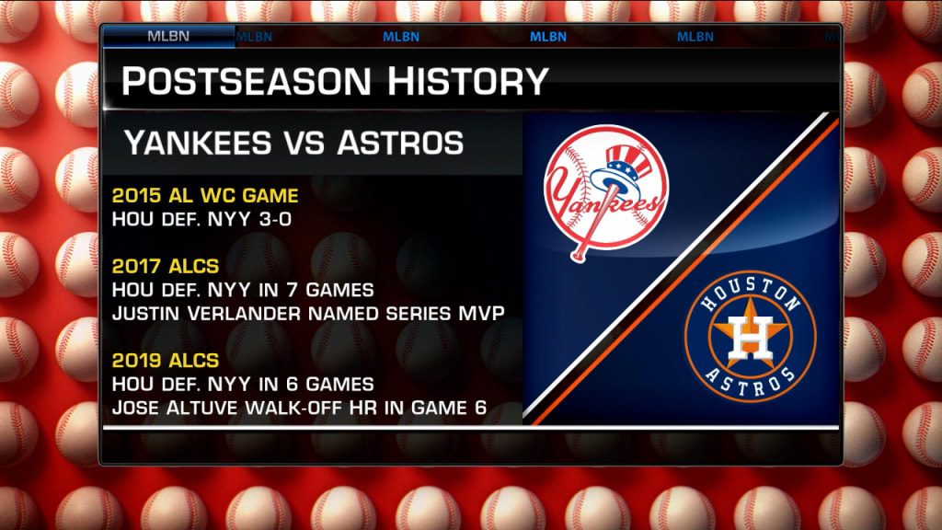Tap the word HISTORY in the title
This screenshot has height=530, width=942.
pos(467,82)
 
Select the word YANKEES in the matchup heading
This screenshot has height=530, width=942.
pos(197,143)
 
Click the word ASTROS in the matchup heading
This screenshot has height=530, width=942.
pos(400,143)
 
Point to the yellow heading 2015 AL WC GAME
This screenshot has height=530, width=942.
pos(205,196)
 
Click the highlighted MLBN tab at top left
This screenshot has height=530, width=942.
pos(169,37)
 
